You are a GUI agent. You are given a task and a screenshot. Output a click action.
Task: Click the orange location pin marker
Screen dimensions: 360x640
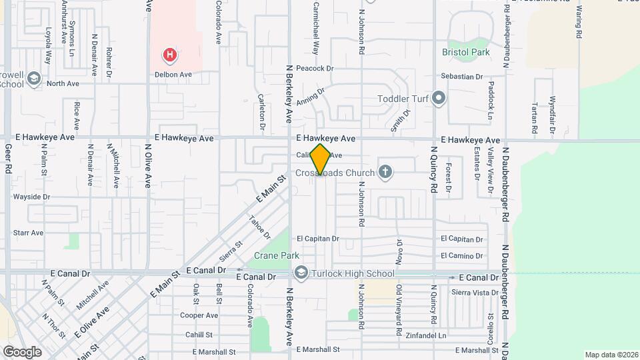tap(321, 159)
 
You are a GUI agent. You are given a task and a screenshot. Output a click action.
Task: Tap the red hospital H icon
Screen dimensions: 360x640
tap(171, 55)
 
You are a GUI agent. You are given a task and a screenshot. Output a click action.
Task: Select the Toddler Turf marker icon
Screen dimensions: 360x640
tap(438, 99)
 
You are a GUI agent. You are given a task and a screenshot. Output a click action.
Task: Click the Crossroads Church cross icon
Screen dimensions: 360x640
tap(384, 173)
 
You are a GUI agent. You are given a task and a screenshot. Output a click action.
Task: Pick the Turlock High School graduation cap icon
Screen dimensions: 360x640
tap(301, 273)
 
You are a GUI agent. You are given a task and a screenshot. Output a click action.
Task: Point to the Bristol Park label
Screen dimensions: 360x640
tap(466, 52)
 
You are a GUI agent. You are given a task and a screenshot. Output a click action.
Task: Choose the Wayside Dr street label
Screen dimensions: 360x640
tap(31, 197)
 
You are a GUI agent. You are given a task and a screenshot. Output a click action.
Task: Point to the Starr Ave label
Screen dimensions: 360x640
tap(28, 233)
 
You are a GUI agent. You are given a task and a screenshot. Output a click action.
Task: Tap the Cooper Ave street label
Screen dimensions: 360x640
tap(199, 315)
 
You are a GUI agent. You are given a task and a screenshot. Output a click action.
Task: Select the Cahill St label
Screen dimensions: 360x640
tap(199, 335)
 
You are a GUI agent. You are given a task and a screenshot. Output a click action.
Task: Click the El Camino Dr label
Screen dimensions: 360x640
tap(461, 255)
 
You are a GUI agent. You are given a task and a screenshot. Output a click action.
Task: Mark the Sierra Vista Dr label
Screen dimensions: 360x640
tap(475, 293)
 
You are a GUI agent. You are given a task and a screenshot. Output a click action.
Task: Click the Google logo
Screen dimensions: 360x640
tap(22, 351)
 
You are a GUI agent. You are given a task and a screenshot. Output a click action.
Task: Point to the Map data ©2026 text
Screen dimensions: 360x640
tap(611, 355)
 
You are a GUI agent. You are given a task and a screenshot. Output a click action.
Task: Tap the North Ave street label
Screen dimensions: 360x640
tap(63, 83)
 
